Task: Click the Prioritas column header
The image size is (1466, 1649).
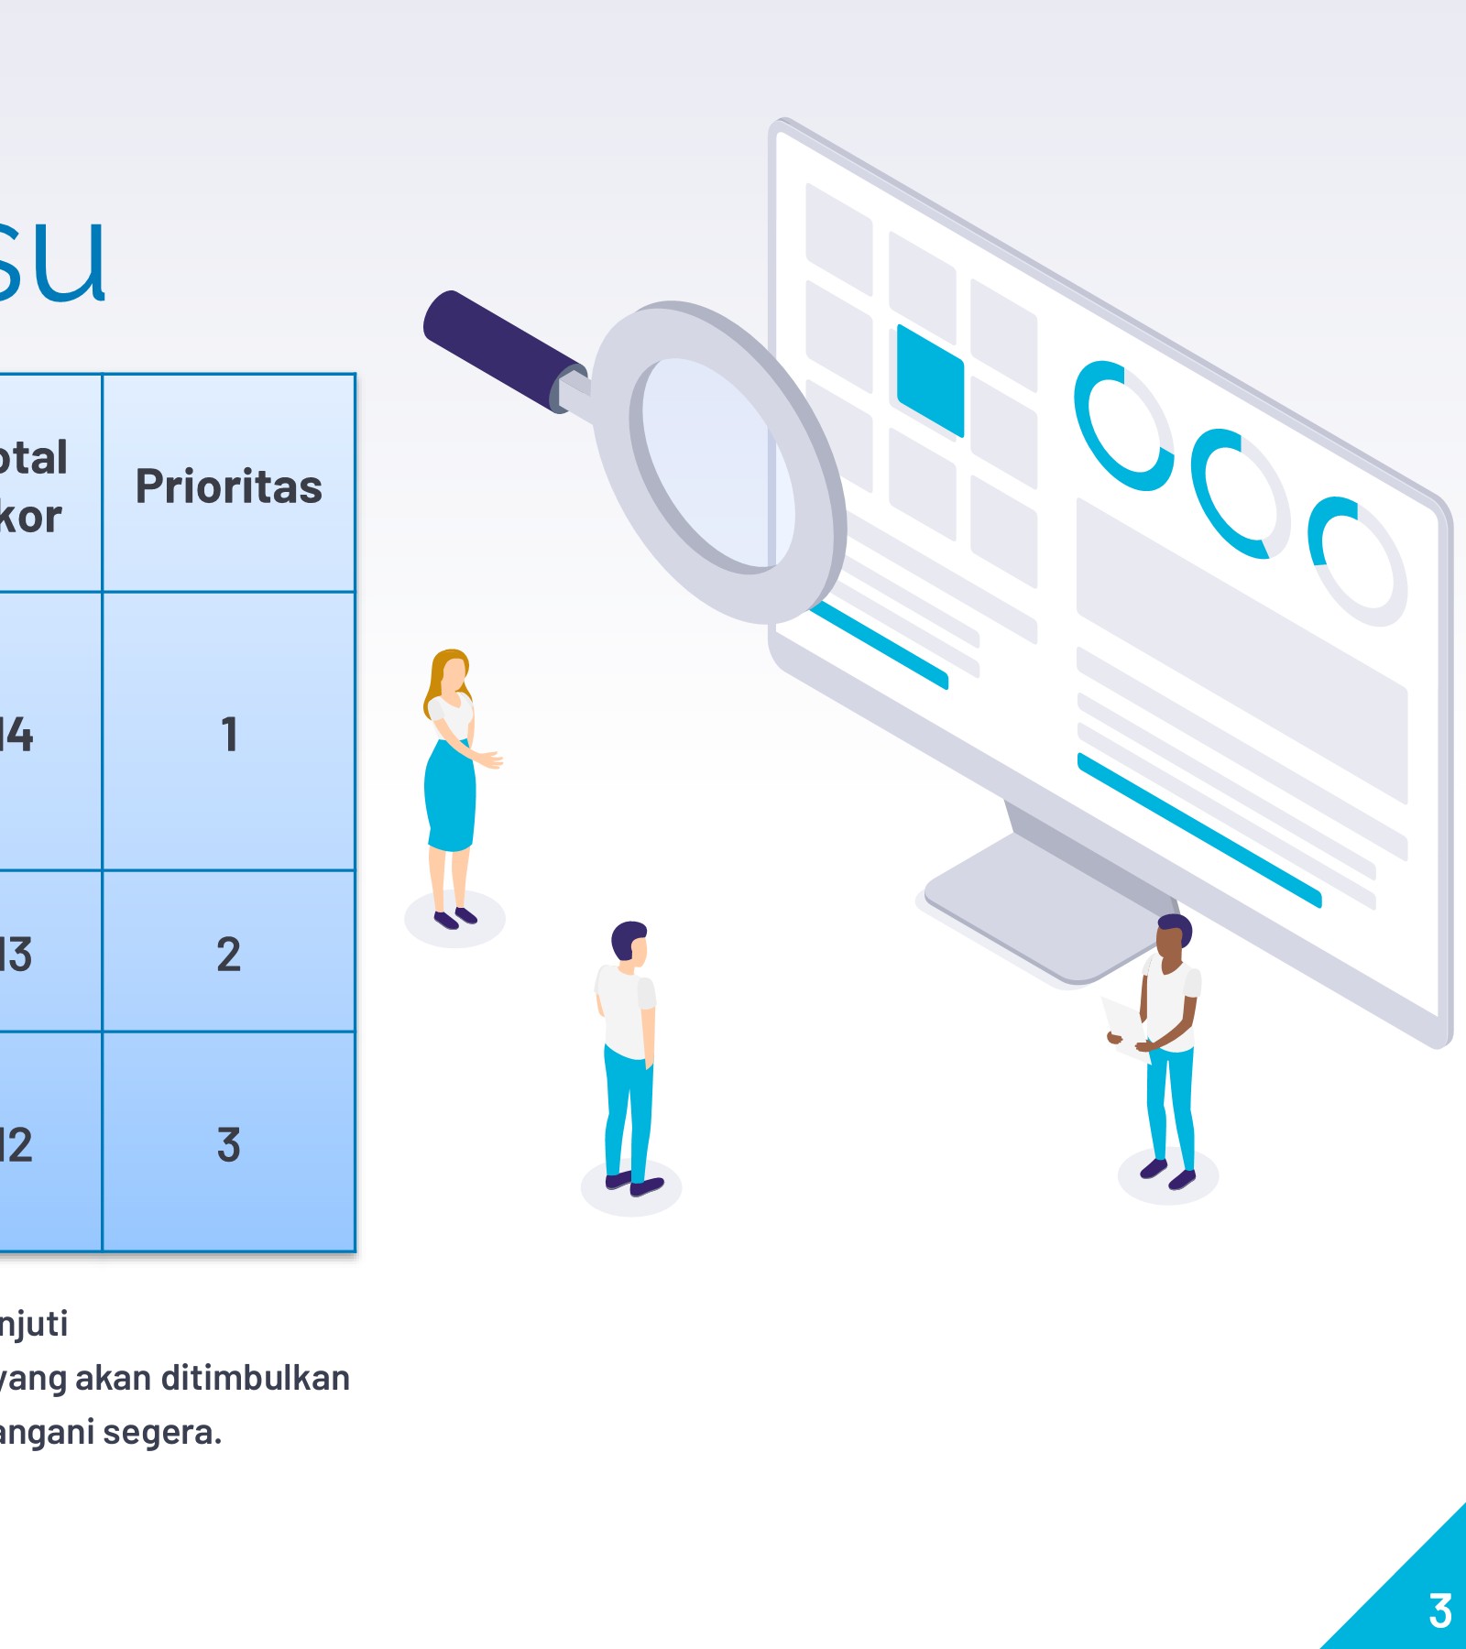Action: click(x=229, y=486)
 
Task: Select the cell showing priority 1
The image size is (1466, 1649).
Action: click(x=229, y=734)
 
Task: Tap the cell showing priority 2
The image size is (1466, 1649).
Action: click(x=229, y=954)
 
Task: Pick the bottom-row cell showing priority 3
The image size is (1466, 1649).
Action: click(x=229, y=1144)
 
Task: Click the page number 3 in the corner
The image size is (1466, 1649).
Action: click(x=1439, y=1611)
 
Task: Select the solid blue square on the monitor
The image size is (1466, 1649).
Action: click(x=930, y=379)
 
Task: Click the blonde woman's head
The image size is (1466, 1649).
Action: click(x=452, y=673)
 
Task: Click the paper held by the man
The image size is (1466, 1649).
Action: click(x=1123, y=1021)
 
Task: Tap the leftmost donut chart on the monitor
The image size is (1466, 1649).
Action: click(x=1123, y=425)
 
